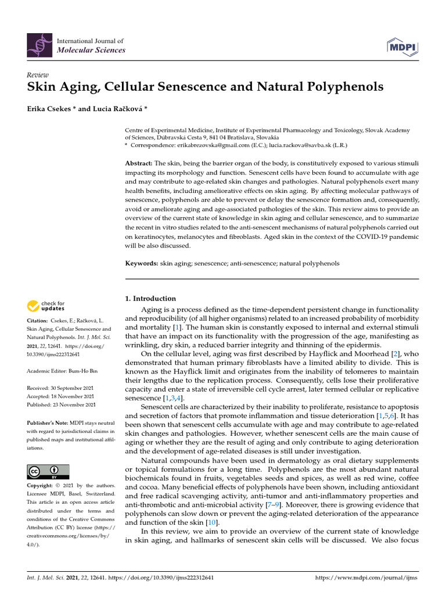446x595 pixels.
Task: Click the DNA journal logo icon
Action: click(39, 45)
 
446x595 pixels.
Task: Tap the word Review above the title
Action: click(38, 75)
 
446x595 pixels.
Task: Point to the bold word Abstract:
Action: click(140, 164)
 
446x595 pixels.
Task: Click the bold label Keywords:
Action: click(142, 264)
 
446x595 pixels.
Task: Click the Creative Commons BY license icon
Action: click(48, 471)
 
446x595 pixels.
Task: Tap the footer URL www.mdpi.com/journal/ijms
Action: click(366, 578)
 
